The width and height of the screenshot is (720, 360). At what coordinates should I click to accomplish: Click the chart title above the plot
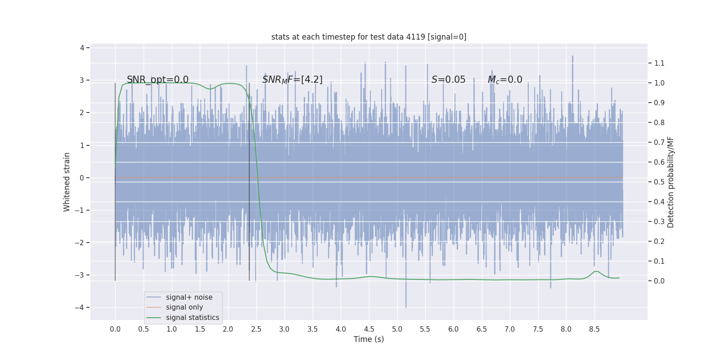[x=369, y=37]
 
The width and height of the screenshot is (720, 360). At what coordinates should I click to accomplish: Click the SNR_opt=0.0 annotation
[x=157, y=80]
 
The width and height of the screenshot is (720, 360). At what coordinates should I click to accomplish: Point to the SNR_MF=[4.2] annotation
[x=292, y=80]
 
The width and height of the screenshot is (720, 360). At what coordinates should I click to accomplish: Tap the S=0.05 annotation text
[x=448, y=80]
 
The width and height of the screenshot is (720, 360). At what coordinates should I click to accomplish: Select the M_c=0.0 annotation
[x=505, y=80]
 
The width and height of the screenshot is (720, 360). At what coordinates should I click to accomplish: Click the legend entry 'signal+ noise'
[x=189, y=297]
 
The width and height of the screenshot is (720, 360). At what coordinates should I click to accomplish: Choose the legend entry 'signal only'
[x=184, y=307]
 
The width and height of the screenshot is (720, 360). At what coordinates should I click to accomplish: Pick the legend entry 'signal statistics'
[x=192, y=318]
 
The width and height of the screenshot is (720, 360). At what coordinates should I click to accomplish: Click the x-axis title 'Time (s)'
[x=369, y=339]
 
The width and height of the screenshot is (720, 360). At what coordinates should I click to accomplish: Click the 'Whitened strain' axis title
[x=67, y=182]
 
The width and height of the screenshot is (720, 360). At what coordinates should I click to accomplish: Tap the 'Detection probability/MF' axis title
[x=670, y=182]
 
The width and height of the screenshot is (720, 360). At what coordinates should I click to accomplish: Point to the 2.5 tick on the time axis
[x=256, y=329]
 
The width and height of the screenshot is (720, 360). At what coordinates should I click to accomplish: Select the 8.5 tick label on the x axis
[x=594, y=329]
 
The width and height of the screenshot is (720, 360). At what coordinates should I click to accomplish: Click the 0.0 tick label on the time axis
[x=115, y=329]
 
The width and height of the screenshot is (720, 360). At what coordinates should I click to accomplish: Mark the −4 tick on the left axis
[x=81, y=308]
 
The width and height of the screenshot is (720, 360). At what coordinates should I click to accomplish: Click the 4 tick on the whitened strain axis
[x=82, y=48]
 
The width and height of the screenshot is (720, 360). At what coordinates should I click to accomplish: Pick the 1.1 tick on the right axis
[x=659, y=63]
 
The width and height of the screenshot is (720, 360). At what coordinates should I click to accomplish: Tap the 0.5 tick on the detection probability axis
[x=659, y=182]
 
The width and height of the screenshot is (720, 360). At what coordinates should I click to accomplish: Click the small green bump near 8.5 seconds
[x=596, y=271]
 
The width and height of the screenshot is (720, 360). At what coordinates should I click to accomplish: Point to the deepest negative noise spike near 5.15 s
[x=406, y=306]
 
